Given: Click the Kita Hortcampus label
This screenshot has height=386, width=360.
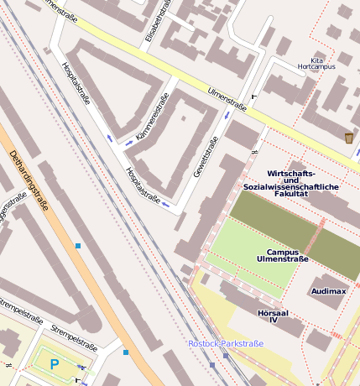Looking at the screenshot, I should [x=316, y=63].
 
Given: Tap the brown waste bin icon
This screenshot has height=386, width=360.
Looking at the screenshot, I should [x=348, y=138].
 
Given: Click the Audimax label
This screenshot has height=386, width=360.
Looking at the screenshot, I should [x=328, y=291].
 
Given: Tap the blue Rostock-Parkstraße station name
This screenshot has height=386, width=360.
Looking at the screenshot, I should [x=226, y=343].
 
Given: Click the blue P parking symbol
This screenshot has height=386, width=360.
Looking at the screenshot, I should [x=55, y=364].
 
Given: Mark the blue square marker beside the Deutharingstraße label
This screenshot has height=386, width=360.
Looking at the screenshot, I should [x=77, y=246].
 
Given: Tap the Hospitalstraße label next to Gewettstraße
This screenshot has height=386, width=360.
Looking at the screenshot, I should [x=143, y=185].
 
